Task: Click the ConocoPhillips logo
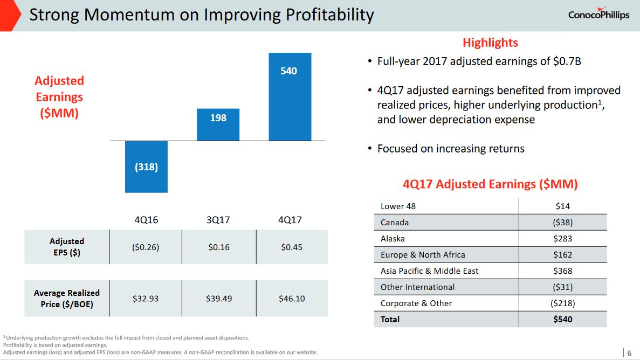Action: tap(598, 15)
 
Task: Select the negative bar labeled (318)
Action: tap(146, 167)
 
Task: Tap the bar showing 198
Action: tap(218, 124)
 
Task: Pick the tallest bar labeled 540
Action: tap(290, 96)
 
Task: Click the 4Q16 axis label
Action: tap(146, 220)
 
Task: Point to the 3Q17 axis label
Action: tap(218, 220)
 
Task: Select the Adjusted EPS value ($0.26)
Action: tap(146, 247)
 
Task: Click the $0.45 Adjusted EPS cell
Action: tap(292, 247)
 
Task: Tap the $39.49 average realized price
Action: tap(219, 298)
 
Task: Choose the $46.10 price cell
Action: tap(292, 298)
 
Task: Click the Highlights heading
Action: tap(490, 43)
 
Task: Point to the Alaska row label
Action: tap(393, 238)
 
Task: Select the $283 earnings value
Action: tap(562, 238)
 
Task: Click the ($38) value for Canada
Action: tap(562, 222)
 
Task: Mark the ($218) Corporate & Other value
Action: tap(562, 303)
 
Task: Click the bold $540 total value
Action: tap(562, 319)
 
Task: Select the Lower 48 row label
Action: tap(398, 206)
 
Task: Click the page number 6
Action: tap(629, 353)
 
